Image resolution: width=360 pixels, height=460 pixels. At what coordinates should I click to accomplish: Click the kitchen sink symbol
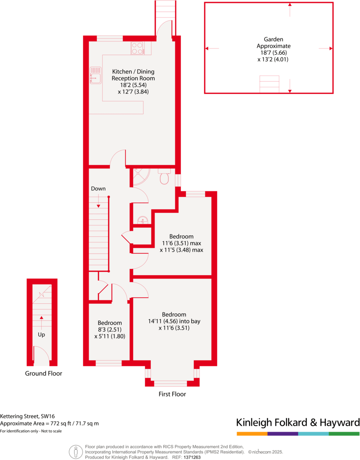[95, 75]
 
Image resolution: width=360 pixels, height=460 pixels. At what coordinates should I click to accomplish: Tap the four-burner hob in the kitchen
[137, 48]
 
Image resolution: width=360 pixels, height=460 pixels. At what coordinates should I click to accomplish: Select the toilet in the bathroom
[164, 177]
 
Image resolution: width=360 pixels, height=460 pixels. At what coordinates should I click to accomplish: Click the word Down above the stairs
[98, 188]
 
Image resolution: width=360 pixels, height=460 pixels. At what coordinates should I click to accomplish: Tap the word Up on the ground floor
[41, 335]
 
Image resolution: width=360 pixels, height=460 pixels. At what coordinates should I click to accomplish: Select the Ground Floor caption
[43, 373]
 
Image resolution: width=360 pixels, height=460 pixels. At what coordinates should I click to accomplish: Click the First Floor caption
[172, 394]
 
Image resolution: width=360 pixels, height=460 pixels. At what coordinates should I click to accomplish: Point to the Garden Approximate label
[273, 43]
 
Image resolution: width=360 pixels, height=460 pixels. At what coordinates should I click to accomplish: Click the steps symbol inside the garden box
[269, 84]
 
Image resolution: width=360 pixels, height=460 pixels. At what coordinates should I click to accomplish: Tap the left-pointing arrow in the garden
[212, 49]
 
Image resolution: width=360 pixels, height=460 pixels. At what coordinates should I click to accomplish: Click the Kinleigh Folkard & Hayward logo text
[298, 422]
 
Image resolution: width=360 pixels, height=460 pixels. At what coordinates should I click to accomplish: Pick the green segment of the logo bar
[344, 434]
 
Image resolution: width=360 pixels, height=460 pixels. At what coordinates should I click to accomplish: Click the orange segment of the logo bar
[252, 434]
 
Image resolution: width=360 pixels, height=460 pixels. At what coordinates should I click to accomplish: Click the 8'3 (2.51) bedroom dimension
[110, 330]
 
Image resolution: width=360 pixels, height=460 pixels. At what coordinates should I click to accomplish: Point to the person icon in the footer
[76, 451]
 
